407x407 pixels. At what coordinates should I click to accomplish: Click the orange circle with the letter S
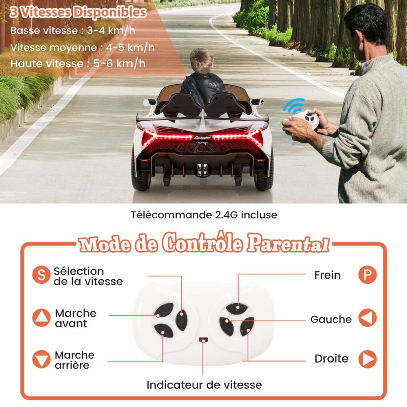(x=41, y=275)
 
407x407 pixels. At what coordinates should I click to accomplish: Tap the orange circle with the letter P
(x=367, y=275)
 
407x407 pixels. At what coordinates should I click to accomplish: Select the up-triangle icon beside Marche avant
(x=41, y=317)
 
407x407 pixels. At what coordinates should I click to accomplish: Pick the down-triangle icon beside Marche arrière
(x=41, y=359)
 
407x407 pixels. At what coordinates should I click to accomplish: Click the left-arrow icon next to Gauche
(x=367, y=317)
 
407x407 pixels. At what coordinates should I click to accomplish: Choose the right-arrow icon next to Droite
(x=367, y=359)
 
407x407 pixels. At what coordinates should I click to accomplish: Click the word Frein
(x=327, y=275)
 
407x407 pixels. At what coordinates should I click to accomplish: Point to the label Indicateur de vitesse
(x=204, y=385)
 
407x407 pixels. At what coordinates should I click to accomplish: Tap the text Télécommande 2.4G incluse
(x=204, y=215)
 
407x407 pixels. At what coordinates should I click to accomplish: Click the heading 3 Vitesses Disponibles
(x=78, y=12)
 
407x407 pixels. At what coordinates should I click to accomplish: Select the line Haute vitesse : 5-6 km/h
(x=78, y=64)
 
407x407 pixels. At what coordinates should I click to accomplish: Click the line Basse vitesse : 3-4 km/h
(x=73, y=30)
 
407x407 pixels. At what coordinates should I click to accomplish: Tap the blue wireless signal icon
(x=293, y=105)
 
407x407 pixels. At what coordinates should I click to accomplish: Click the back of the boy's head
(x=201, y=61)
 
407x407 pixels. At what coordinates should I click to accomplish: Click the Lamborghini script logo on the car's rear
(x=202, y=137)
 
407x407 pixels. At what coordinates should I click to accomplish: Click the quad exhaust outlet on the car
(x=202, y=169)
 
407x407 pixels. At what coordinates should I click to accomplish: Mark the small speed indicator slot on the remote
(x=203, y=339)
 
